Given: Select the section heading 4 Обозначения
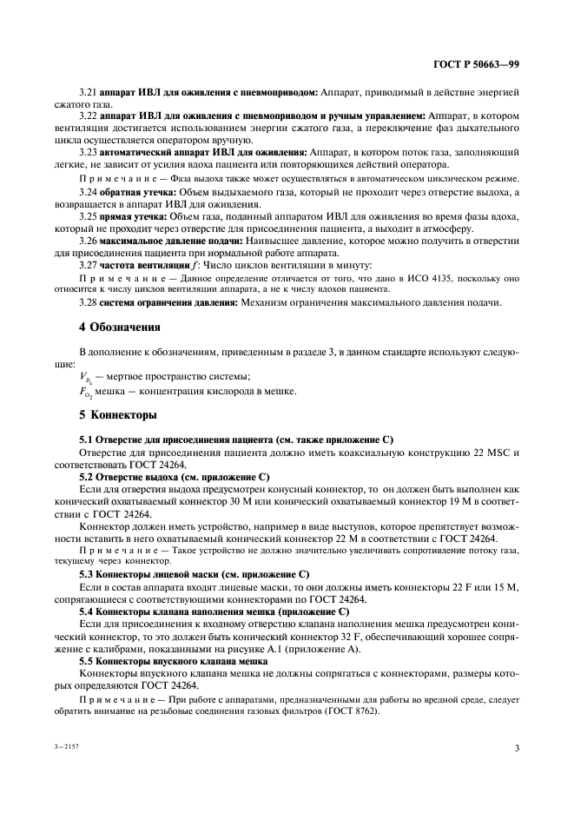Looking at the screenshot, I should [119, 327].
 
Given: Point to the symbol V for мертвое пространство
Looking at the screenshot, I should [84, 376].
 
